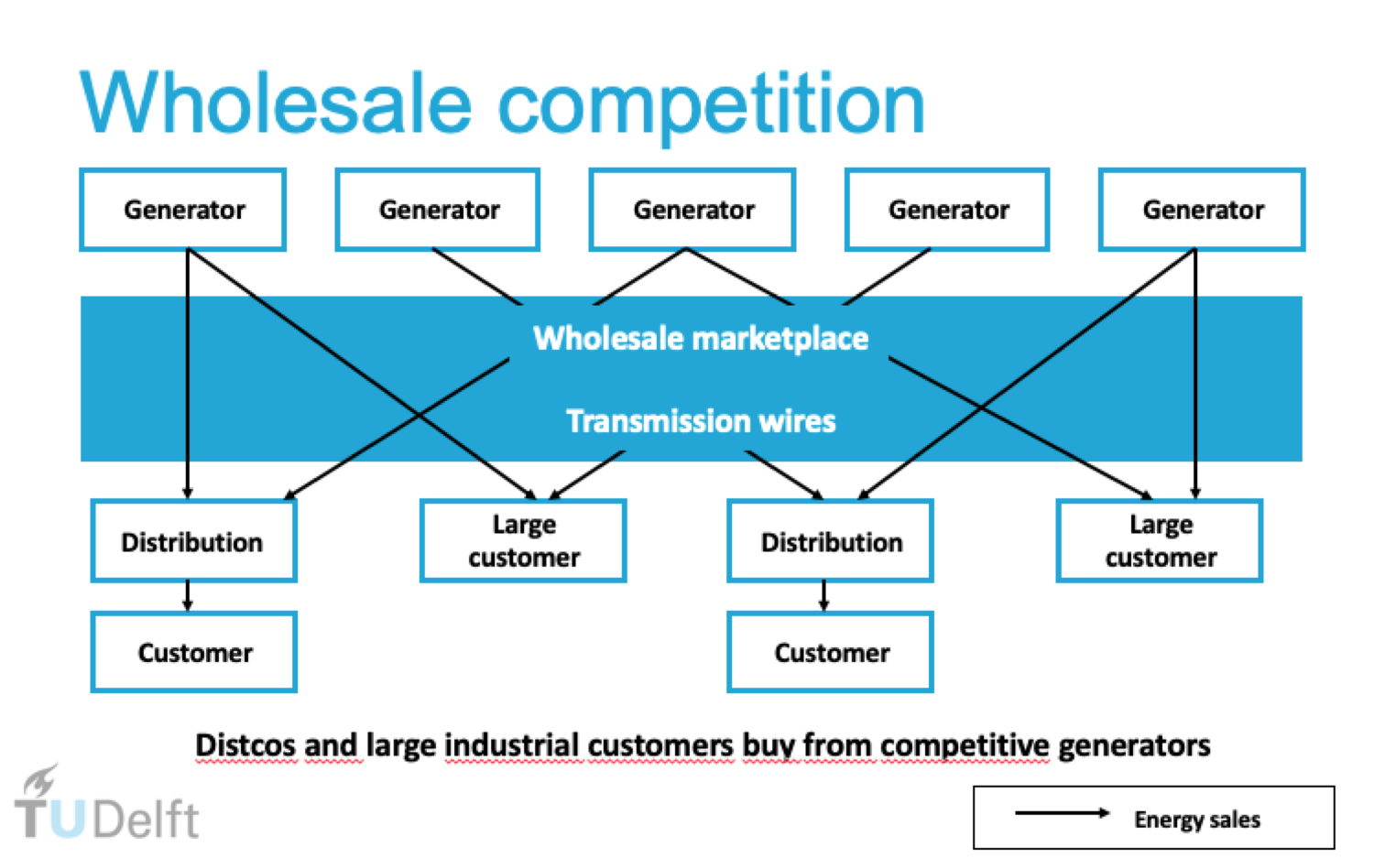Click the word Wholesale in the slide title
click(x=276, y=103)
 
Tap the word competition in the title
click(x=711, y=107)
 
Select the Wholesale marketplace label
click(x=701, y=339)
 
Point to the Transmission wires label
click(x=701, y=421)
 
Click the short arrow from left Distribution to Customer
click(x=188, y=595)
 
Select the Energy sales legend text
click(x=1196, y=820)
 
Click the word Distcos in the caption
click(x=246, y=745)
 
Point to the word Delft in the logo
click(x=146, y=819)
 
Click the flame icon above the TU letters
click(x=40, y=780)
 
